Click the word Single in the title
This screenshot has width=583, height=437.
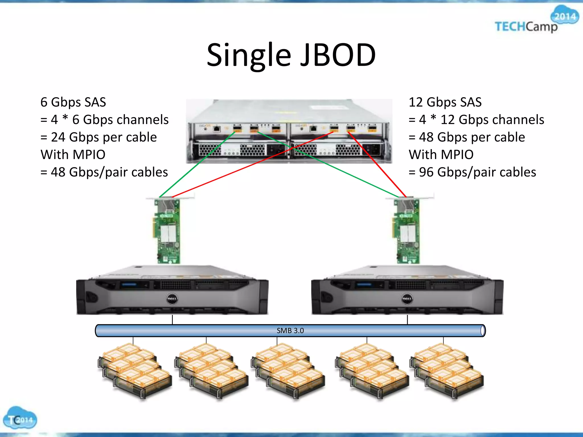(x=249, y=55)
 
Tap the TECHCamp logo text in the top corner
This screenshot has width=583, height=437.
(x=526, y=27)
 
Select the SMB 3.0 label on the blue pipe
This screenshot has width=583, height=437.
(x=290, y=331)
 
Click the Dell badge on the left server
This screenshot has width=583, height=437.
(x=172, y=299)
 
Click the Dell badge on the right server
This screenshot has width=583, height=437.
(x=407, y=299)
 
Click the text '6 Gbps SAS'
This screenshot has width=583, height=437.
(x=73, y=102)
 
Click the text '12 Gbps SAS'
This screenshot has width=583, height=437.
(x=445, y=102)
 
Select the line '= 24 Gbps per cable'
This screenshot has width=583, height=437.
(x=98, y=137)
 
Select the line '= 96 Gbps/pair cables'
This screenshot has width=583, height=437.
(x=472, y=172)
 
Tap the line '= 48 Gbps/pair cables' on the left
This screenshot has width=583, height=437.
(x=104, y=172)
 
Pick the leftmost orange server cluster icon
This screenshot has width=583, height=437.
(x=134, y=370)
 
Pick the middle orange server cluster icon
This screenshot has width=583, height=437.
(x=288, y=370)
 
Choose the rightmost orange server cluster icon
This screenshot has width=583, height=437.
(x=446, y=370)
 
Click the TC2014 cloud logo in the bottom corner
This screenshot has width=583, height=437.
(x=20, y=418)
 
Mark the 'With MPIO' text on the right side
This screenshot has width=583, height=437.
(x=441, y=155)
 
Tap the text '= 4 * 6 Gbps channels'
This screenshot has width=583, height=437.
(x=104, y=119)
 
